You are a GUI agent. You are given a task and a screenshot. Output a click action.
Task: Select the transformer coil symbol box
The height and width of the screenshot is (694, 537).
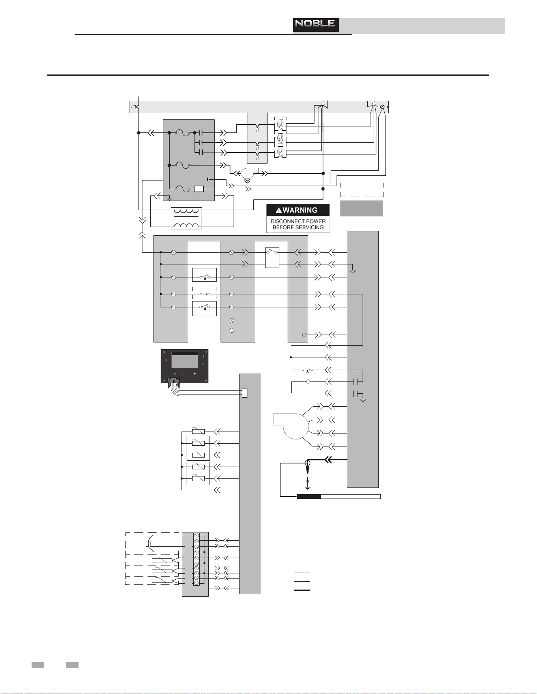pos(186,218)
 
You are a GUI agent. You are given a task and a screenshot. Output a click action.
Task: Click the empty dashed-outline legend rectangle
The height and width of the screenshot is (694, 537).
pos(362,190)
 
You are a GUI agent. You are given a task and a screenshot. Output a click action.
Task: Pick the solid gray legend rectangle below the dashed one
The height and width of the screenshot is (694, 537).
pos(361,208)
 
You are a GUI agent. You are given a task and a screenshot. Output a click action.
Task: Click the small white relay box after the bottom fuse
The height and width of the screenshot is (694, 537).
pos(199,189)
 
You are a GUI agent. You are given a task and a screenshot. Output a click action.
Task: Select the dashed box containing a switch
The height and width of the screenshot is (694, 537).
pos(204,294)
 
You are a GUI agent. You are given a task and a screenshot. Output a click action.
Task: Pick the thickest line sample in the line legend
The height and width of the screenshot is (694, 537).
pos(302,590)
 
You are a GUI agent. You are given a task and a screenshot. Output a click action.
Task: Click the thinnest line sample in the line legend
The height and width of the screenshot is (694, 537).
pos(302,573)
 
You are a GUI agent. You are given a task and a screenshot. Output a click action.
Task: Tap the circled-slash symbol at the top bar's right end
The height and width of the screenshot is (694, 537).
pos(382,107)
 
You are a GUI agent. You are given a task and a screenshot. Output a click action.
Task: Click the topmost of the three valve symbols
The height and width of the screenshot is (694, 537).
pos(281,125)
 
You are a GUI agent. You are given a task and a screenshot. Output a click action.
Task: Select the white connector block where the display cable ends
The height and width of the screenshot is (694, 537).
pos(245,393)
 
